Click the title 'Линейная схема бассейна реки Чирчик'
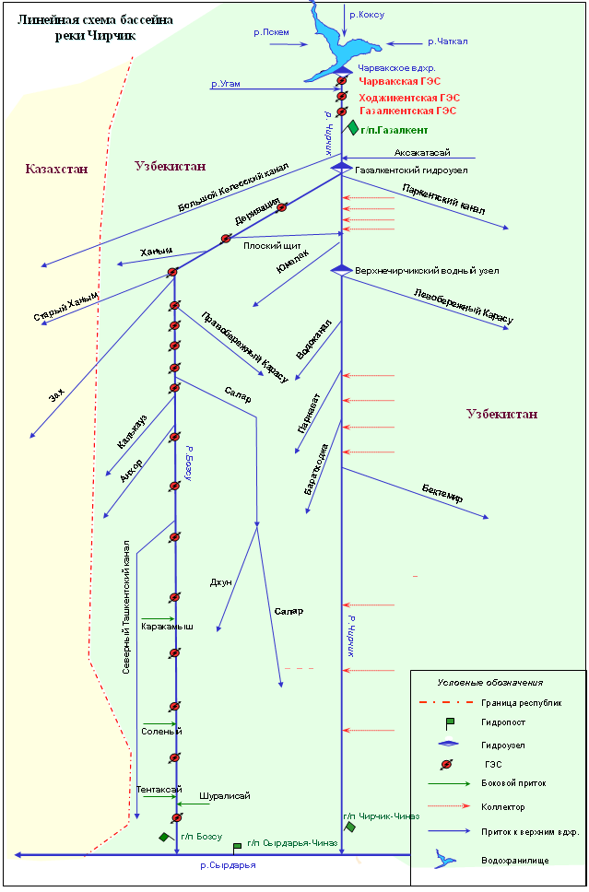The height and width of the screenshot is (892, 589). (88, 27)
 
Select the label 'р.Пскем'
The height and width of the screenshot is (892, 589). (271, 32)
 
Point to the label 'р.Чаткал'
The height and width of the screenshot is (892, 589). (448, 41)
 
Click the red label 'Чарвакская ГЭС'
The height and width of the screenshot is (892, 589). (400, 82)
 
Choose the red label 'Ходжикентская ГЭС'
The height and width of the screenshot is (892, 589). (410, 97)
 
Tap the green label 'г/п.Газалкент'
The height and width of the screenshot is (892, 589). (395, 131)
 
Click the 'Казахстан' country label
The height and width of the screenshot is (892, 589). (57, 170)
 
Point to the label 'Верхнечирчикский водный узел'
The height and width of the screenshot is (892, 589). (426, 271)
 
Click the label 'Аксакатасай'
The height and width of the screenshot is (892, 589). (422, 153)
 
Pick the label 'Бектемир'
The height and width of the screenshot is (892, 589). (442, 493)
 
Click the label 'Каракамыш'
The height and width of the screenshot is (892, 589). (167, 628)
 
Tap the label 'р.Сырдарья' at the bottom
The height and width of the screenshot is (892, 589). (228, 865)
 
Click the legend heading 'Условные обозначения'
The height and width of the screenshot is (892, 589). (489, 683)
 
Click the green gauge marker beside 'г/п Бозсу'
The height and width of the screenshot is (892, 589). (164, 837)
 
